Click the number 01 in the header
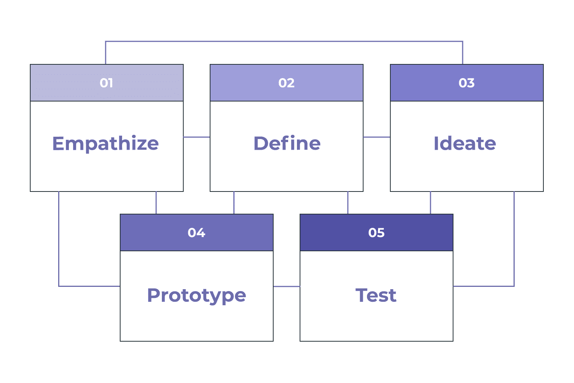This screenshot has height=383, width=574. coord(106,83)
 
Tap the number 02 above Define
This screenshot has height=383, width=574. coord(287,83)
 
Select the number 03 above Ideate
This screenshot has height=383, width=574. coord(466,83)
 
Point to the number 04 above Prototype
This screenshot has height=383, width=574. coord(197,233)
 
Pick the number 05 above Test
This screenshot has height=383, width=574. coord(377,233)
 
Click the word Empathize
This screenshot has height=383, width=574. coord(106,144)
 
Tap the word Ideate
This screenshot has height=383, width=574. coord(465,143)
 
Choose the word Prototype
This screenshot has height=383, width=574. coord(197,295)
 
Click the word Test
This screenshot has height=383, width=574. coord(376,295)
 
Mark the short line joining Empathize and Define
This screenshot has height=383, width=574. coord(197,137)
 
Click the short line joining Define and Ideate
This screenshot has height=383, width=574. coord(377,137)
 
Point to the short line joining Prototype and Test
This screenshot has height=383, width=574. coord(287,286)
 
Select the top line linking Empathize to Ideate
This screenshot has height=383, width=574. coord(284,41)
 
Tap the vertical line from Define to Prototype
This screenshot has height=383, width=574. coord(234,203)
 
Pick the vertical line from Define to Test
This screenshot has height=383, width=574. coord(348,203)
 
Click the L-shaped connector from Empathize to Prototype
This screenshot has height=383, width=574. coord(59,257)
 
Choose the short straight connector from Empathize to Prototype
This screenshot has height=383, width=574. coord(156,203)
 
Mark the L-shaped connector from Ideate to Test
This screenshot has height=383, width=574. coord(514,257)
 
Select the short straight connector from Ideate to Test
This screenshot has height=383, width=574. coord(430,203)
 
